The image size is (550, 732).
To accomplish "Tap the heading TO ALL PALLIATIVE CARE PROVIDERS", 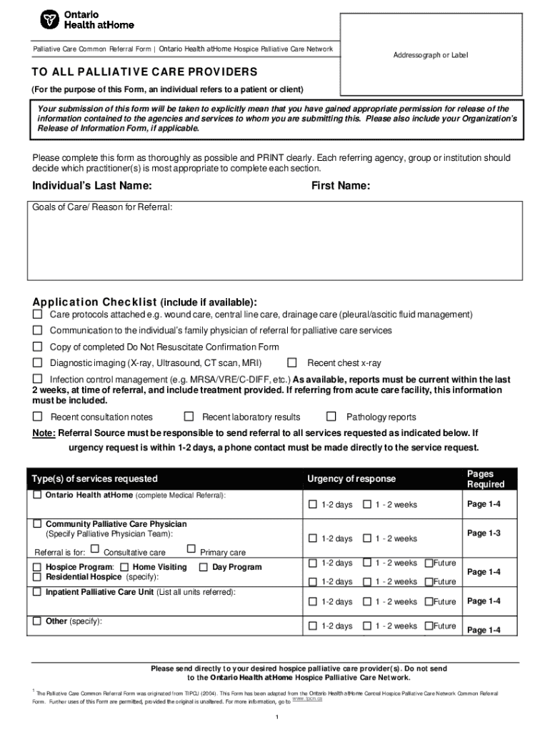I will pyautogui.click(x=144, y=73).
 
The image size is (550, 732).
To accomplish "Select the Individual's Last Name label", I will pyautogui.click(x=92, y=186).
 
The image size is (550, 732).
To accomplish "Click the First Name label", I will pyautogui.click(x=340, y=186).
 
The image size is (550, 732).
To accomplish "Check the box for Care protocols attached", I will pyautogui.click(x=37, y=315).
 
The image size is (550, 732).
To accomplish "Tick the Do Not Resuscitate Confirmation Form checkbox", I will pyautogui.click(x=37, y=347).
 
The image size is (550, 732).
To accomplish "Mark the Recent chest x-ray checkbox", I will pyautogui.click(x=291, y=362).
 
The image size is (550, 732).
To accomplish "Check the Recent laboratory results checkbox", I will pyautogui.click(x=189, y=417).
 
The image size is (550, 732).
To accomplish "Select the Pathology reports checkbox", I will pyautogui.click(x=331, y=417).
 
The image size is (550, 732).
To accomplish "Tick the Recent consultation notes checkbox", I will pyautogui.click(x=37, y=417).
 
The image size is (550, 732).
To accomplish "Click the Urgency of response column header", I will pyautogui.click(x=351, y=479).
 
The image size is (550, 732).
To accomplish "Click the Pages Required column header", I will pyautogui.click(x=485, y=479).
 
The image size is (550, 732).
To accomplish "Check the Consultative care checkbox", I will pyautogui.click(x=95, y=549).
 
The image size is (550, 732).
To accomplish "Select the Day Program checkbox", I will pyautogui.click(x=203, y=567).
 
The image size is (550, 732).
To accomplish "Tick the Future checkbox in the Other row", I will pyautogui.click(x=429, y=626).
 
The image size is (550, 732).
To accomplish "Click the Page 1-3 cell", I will pyautogui.click(x=484, y=533).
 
